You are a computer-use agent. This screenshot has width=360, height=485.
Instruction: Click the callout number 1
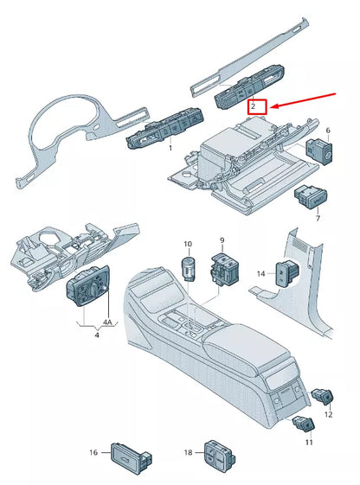point(170,149)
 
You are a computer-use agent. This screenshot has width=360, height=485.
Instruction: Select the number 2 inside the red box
point(254,107)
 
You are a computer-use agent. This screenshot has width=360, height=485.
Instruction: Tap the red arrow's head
point(274,106)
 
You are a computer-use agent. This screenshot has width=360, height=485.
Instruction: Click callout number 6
point(328,131)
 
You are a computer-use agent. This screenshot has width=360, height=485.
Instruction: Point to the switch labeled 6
point(319,151)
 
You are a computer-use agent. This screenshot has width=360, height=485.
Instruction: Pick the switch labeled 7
point(311,197)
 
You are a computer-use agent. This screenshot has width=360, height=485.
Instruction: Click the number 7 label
point(318,219)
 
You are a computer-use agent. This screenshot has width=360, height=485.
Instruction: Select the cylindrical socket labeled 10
point(188,268)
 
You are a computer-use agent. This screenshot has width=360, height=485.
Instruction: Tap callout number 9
point(222,240)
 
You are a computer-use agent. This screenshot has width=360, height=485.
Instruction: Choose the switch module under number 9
point(224,268)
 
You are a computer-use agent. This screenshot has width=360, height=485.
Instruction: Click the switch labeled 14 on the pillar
point(287,273)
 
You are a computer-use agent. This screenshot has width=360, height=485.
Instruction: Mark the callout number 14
point(261,274)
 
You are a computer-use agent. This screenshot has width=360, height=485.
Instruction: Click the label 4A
point(107,322)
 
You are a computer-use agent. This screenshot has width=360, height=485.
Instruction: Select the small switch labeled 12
point(323,396)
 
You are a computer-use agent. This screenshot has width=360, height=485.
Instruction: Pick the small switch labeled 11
point(304,424)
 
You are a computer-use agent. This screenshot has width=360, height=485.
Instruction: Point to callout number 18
point(188,452)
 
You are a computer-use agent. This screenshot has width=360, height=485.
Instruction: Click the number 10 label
point(188,244)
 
